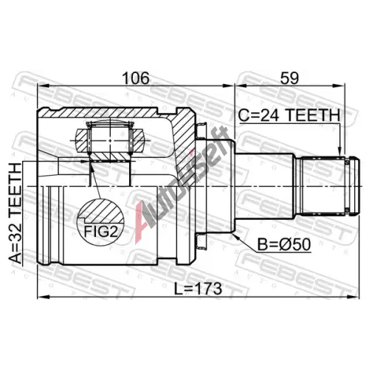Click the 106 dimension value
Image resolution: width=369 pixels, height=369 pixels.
coord(136,78)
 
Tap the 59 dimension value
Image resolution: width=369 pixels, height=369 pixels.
coord(289,78)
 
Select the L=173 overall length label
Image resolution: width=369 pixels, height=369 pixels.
coord(198,289)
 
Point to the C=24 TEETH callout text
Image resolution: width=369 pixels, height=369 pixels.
coord(289,115)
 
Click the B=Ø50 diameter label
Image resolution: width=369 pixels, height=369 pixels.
coord(284,244)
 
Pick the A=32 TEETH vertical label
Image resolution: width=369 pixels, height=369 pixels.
coord(15,213)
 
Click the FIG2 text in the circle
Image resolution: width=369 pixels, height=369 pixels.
coord(100,231)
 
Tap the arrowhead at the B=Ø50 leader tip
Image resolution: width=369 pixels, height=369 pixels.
coord(235,235)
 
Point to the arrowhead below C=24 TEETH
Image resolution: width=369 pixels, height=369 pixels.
coord(339,152)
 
